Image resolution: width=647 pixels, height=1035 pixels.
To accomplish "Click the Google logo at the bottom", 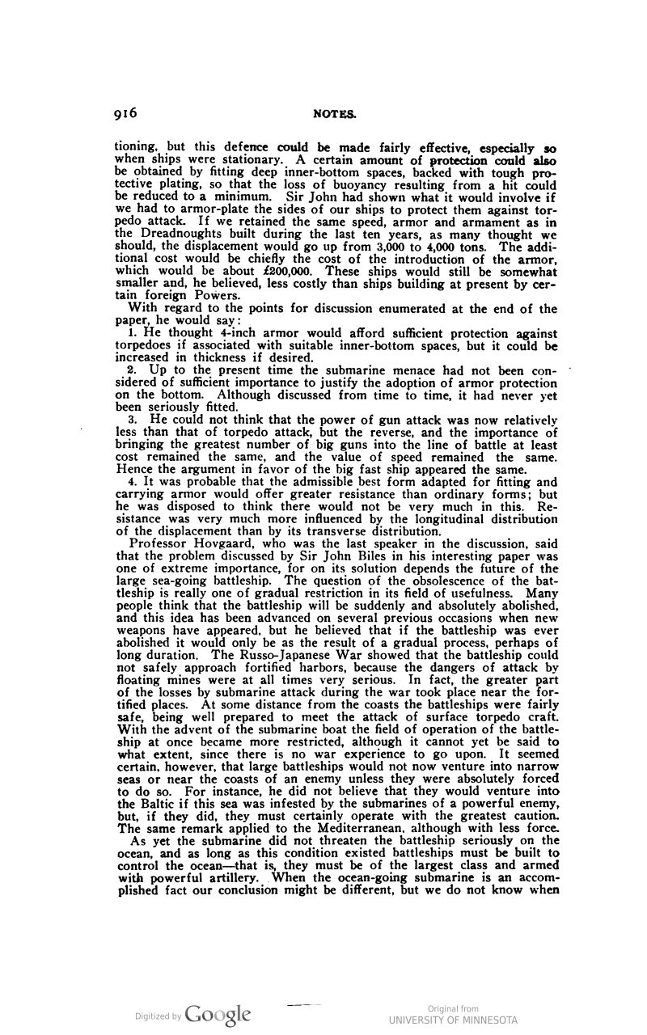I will pos(218,1014).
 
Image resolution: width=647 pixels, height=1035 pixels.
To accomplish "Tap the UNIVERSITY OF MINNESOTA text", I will pos(453,1020).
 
